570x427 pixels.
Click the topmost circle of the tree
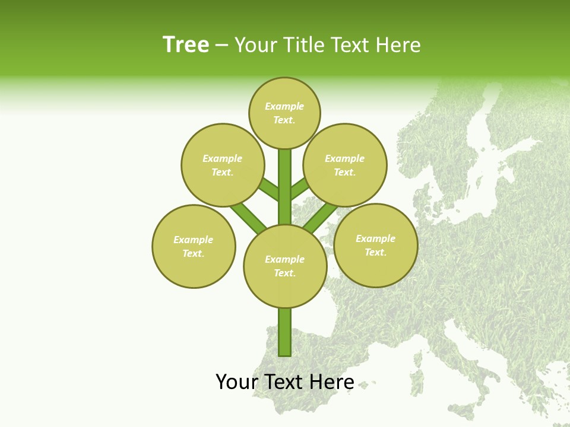(x=284, y=113)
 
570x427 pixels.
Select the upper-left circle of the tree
(x=223, y=165)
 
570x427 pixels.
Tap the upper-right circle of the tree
(x=345, y=165)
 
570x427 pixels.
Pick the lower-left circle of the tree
(x=194, y=246)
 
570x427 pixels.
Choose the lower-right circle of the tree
(x=376, y=245)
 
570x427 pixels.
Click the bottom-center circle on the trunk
(x=285, y=266)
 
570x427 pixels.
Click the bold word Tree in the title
(x=186, y=44)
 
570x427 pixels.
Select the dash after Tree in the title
(x=221, y=46)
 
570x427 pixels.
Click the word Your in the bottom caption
(x=235, y=382)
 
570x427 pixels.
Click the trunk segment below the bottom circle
(x=285, y=332)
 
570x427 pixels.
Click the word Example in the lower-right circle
(x=375, y=238)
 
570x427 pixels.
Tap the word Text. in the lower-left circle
(x=194, y=253)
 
